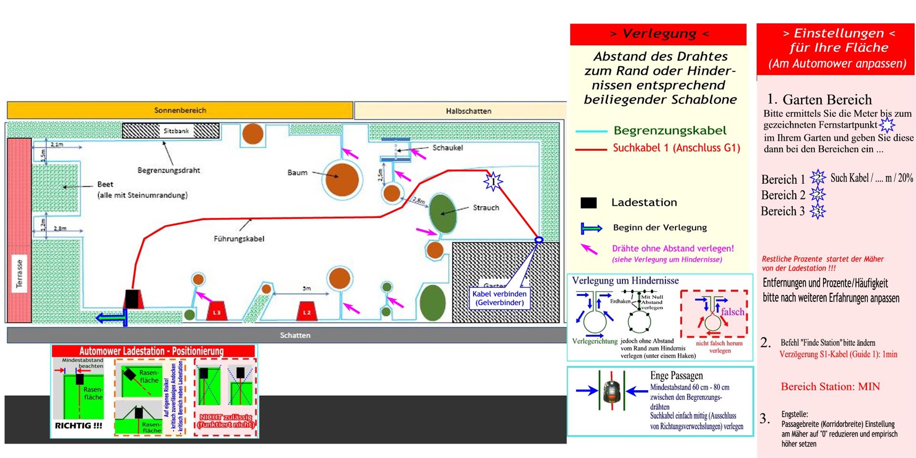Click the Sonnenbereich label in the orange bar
(x=180, y=110)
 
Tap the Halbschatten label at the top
(x=468, y=111)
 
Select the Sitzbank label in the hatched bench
(x=176, y=131)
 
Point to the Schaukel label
(x=448, y=148)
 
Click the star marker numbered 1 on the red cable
(x=493, y=181)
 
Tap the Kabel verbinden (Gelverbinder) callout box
(x=500, y=298)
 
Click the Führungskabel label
(x=239, y=239)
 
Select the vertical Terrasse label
(x=20, y=273)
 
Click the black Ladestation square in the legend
(x=589, y=203)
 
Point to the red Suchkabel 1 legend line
(x=591, y=149)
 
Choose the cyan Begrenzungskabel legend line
(x=591, y=131)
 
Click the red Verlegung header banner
(x=658, y=34)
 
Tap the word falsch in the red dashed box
(x=732, y=312)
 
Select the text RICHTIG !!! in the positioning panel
(x=78, y=426)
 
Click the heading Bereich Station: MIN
(x=830, y=387)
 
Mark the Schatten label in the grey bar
(x=295, y=335)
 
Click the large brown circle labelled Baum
(x=342, y=179)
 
